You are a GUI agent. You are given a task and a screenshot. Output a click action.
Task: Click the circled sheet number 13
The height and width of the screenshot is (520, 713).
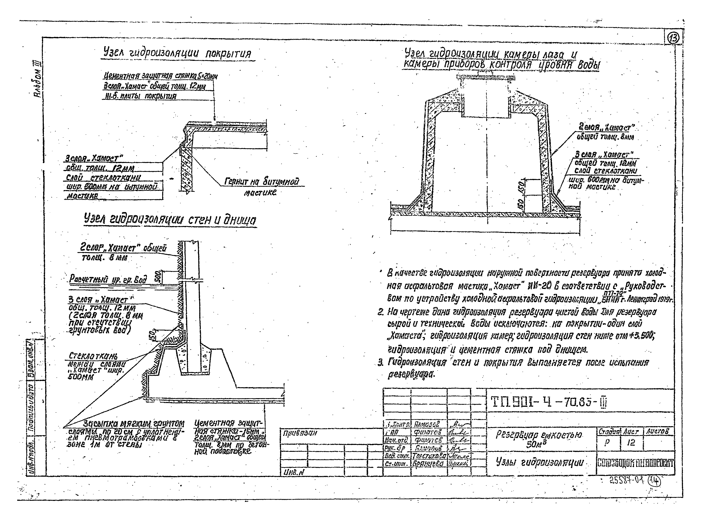(x=674, y=38)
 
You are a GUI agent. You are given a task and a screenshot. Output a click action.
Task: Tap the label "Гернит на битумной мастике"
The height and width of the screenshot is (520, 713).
(x=261, y=186)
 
